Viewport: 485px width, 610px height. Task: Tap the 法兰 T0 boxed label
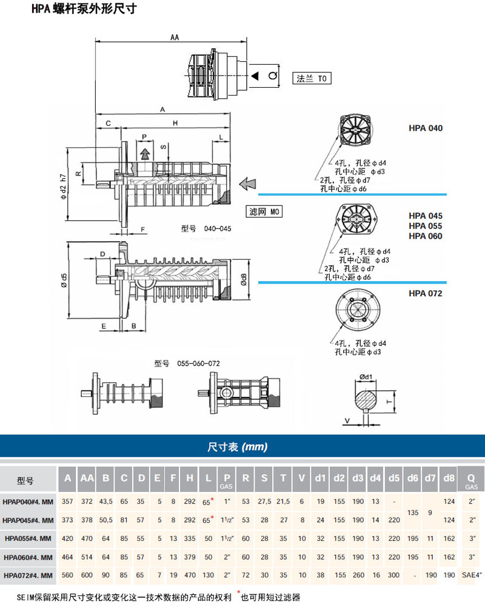click(313, 78)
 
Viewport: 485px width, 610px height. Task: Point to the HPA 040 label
click(426, 128)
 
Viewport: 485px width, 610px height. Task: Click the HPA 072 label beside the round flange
click(426, 293)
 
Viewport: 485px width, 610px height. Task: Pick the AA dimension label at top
click(175, 38)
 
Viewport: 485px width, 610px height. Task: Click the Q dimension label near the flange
click(272, 75)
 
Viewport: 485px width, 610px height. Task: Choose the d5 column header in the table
click(394, 479)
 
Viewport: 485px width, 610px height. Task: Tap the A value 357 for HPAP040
click(67, 501)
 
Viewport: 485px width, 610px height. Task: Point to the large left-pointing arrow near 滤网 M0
click(247, 182)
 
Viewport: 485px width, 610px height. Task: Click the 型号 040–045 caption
click(206, 229)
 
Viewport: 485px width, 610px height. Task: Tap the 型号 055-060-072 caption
click(187, 363)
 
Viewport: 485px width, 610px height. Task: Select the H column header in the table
click(190, 479)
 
